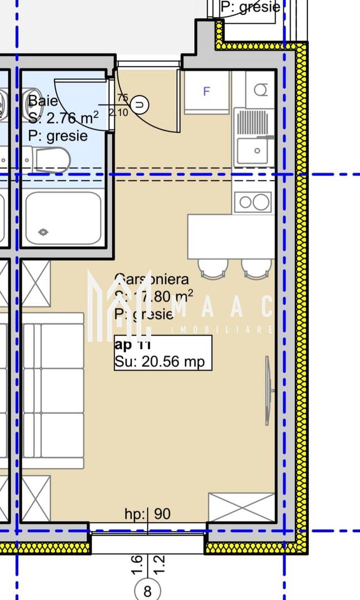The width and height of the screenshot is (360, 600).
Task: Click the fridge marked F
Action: (x=206, y=92)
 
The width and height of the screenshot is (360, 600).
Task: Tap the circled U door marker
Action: (x=142, y=103)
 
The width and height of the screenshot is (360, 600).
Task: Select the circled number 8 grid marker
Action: (x=147, y=590)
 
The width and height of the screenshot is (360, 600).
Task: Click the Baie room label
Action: (x=43, y=101)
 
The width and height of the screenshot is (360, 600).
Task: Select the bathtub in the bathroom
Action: (x=63, y=218)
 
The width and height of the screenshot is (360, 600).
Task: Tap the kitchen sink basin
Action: (x=254, y=151)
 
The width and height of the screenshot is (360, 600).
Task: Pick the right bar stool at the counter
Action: (x=257, y=268)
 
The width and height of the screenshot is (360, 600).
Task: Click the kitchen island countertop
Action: (x=231, y=237)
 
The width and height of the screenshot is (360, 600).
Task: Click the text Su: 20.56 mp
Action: (x=159, y=362)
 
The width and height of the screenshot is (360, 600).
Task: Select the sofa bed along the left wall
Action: (x=53, y=391)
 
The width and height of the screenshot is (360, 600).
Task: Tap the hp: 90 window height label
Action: (x=147, y=514)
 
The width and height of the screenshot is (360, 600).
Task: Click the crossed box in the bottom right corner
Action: (x=242, y=507)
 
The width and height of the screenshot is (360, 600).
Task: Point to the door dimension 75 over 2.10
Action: (x=122, y=104)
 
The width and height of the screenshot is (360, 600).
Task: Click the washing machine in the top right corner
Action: (x=260, y=89)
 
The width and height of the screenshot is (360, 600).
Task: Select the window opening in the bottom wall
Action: (x=148, y=542)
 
